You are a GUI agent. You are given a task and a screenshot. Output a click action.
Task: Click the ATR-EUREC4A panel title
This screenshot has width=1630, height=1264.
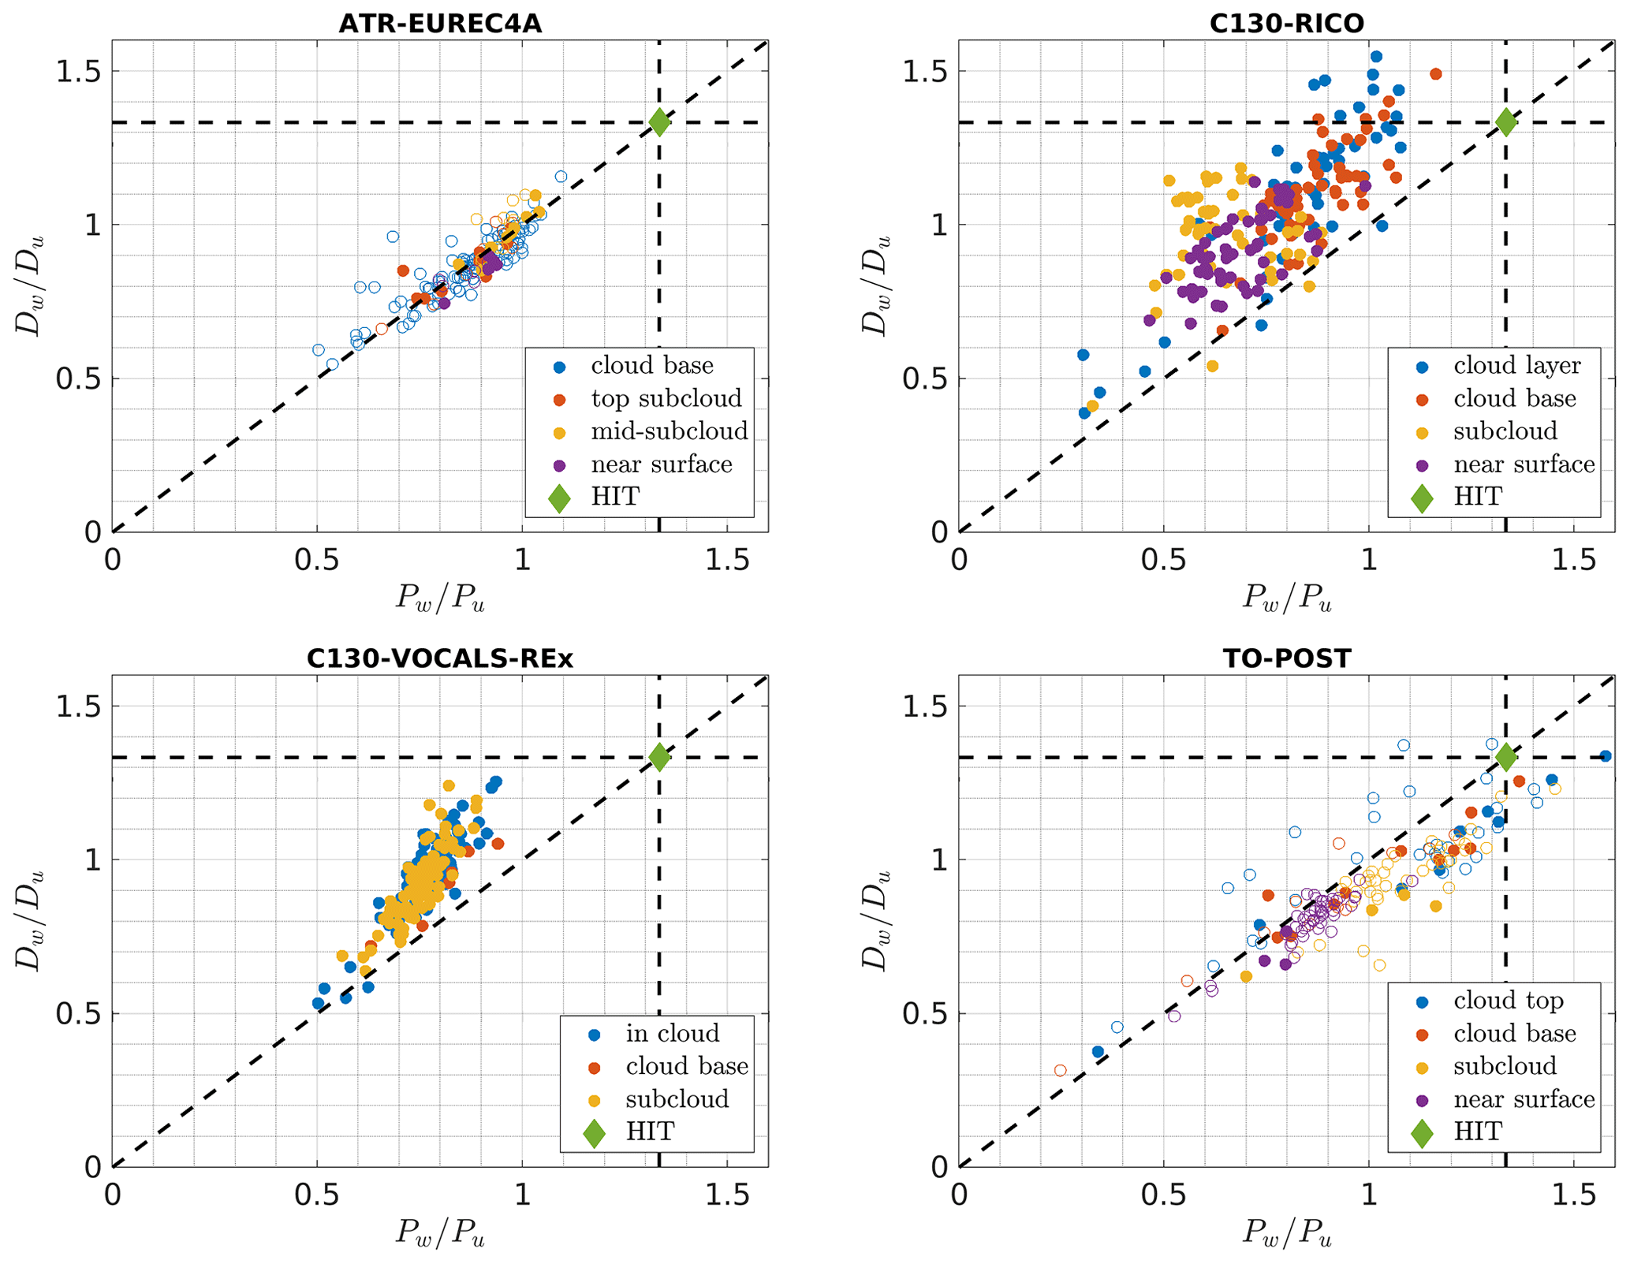(440, 24)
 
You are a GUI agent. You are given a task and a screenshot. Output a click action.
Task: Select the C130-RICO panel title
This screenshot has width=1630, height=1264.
(1286, 24)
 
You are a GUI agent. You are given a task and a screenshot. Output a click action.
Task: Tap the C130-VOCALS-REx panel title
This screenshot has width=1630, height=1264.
(440, 658)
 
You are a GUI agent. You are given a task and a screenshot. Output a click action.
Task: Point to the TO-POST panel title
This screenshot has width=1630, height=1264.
(1286, 658)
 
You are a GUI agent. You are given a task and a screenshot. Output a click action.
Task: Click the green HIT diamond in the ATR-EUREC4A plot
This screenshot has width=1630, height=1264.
(659, 122)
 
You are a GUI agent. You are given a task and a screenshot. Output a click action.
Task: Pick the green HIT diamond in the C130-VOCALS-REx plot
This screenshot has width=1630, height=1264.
(659, 757)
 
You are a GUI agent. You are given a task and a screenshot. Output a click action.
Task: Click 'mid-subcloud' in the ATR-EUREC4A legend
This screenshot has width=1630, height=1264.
(669, 431)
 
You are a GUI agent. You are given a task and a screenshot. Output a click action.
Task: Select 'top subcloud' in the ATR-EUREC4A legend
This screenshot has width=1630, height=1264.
(666, 398)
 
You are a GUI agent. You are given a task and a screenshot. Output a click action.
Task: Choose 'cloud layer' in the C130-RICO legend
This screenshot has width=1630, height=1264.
(1516, 366)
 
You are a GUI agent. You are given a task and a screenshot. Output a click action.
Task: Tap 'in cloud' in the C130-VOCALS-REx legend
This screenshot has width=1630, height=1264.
(672, 1033)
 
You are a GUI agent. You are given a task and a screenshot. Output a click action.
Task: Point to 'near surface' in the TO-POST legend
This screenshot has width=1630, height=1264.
(1524, 1099)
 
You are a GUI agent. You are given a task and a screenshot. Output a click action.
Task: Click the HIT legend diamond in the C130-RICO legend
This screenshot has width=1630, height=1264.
(1422, 498)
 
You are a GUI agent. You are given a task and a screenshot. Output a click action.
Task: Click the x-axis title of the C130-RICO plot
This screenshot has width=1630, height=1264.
(1286, 598)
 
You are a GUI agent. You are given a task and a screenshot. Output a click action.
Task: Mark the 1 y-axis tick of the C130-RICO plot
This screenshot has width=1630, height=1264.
(938, 226)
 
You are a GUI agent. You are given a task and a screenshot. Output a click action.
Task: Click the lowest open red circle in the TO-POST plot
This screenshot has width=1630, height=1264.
(1061, 1070)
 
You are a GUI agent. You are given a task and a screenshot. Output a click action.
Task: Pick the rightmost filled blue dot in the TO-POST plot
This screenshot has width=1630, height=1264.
(1605, 756)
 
